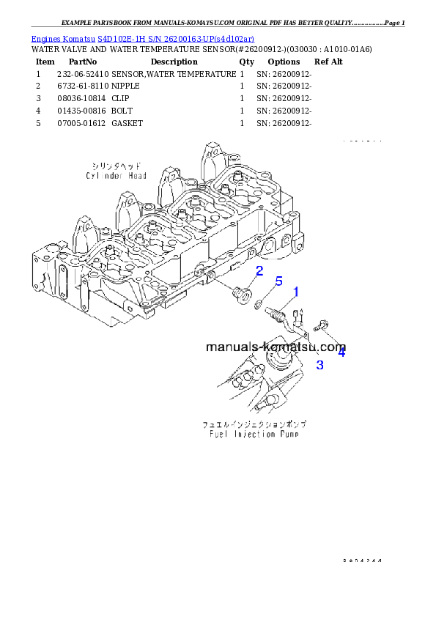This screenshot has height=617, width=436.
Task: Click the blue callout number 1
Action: (296, 292)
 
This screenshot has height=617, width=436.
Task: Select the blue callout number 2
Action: (259, 272)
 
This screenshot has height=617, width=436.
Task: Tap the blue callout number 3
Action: (319, 364)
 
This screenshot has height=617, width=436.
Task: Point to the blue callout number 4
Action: (341, 352)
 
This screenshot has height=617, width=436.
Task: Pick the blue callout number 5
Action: (278, 281)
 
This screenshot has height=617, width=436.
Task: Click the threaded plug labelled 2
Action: (239, 295)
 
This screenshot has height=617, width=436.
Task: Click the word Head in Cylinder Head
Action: (134, 176)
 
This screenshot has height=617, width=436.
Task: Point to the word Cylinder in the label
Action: (103, 176)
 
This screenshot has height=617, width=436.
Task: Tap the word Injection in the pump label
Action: (251, 434)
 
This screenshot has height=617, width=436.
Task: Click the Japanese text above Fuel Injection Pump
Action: (254, 424)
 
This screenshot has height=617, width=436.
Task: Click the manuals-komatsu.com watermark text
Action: (276, 347)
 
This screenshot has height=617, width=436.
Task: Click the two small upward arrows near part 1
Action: (298, 317)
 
